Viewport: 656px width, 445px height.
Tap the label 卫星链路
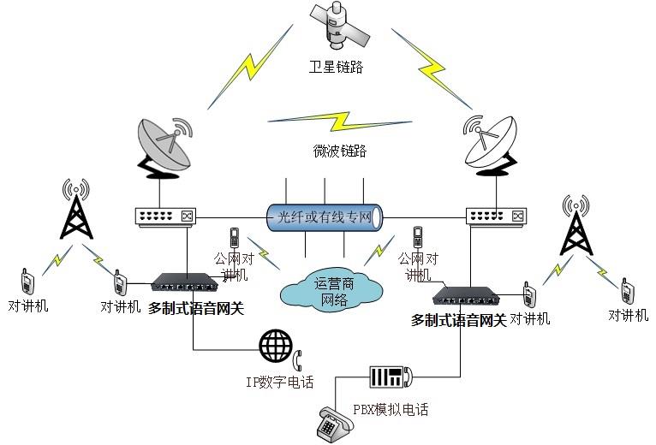click(x=336, y=67)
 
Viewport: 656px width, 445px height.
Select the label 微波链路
click(x=341, y=151)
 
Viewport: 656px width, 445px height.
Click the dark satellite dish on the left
click(x=164, y=148)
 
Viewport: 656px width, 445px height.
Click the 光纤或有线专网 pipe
click(x=323, y=217)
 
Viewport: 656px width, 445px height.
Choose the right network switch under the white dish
click(x=494, y=217)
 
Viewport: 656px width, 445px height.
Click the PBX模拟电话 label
click(x=390, y=410)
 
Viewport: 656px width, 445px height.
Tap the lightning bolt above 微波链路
click(x=325, y=120)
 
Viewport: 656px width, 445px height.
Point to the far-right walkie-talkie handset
click(x=627, y=292)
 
